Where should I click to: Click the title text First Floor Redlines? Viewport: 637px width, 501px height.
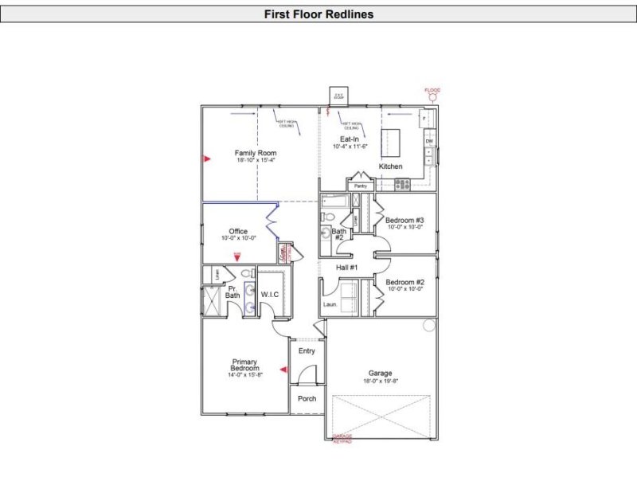point(318,14)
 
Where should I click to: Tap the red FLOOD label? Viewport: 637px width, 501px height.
point(432,90)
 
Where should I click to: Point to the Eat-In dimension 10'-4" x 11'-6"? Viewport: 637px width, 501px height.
point(349,147)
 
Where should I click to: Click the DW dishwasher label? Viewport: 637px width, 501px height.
point(428,141)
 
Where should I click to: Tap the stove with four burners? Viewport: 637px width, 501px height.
point(403,184)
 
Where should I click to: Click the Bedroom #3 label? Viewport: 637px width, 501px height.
point(404,220)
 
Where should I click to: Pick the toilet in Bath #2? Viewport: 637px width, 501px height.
point(327,216)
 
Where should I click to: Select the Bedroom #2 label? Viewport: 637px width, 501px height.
point(404,282)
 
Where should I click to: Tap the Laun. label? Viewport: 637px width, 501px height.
point(330,304)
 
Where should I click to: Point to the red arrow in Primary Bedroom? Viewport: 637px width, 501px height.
point(282,369)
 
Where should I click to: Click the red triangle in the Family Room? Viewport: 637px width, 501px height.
point(206,159)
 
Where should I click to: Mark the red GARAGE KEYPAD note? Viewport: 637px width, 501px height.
point(342,439)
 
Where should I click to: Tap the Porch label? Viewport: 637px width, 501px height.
point(307,398)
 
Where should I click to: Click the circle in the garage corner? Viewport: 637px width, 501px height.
point(428,325)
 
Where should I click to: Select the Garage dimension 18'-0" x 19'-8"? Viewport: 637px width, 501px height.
point(381,381)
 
